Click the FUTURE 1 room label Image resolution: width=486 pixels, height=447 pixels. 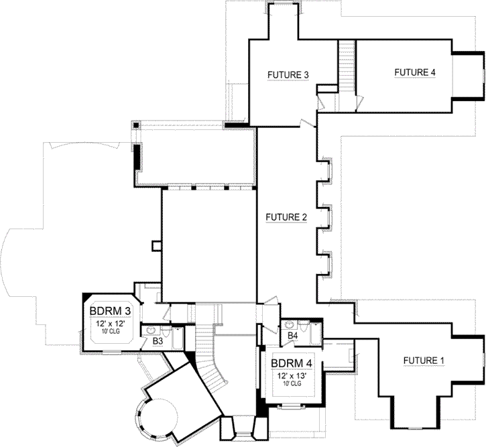pyautogui.click(x=424, y=361)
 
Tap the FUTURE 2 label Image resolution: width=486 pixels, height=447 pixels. pyautogui.click(x=286, y=217)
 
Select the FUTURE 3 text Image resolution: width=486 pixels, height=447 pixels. pyautogui.click(x=288, y=74)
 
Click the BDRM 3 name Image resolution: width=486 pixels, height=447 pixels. pyautogui.click(x=110, y=312)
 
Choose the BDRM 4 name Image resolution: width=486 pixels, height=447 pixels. pyautogui.click(x=292, y=365)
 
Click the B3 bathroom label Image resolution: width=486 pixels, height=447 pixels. pyautogui.click(x=158, y=342)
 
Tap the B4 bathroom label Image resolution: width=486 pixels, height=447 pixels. pyautogui.click(x=292, y=335)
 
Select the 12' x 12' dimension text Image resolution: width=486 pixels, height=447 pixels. pyautogui.click(x=111, y=324)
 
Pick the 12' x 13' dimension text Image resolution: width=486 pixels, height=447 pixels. pyautogui.click(x=292, y=377)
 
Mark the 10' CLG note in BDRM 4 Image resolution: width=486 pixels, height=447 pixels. pyautogui.click(x=292, y=385)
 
